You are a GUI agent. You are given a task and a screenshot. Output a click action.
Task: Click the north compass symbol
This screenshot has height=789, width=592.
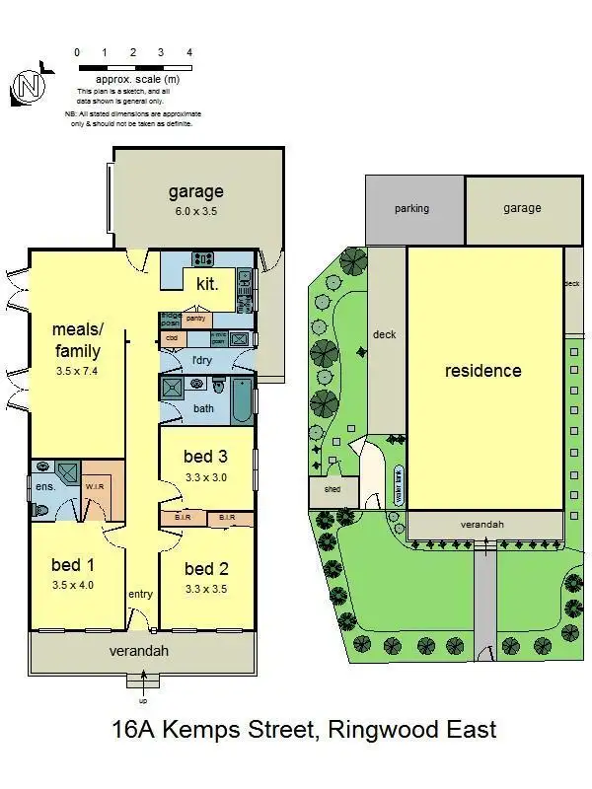pyautogui.click(x=29, y=88)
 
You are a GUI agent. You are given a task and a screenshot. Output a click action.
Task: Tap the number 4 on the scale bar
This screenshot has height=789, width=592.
pyautogui.click(x=188, y=52)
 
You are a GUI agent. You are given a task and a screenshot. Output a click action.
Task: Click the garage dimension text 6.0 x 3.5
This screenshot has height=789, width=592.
pyautogui.click(x=195, y=210)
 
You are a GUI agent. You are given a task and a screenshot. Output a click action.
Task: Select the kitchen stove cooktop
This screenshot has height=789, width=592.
pyautogui.click(x=203, y=260)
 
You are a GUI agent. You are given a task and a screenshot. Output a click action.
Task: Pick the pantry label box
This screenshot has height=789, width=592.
pyautogui.click(x=195, y=318)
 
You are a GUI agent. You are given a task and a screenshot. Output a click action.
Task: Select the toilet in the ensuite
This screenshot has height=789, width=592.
pyautogui.click(x=40, y=510)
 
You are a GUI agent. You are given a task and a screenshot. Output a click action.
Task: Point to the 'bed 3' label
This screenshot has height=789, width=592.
pyautogui.click(x=205, y=456)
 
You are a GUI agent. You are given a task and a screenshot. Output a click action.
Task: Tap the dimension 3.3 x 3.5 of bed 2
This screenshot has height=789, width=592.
pyautogui.click(x=205, y=590)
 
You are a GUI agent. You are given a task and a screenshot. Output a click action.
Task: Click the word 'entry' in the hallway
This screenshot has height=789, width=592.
pyautogui.click(x=141, y=594)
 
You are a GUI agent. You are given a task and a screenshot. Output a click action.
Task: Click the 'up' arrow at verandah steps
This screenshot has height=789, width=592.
pyautogui.click(x=144, y=681)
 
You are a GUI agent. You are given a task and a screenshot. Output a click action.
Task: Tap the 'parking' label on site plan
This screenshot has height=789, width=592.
pyautogui.click(x=411, y=209)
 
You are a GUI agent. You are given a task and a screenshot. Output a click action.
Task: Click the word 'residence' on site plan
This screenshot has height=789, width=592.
pyautogui.click(x=482, y=371)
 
